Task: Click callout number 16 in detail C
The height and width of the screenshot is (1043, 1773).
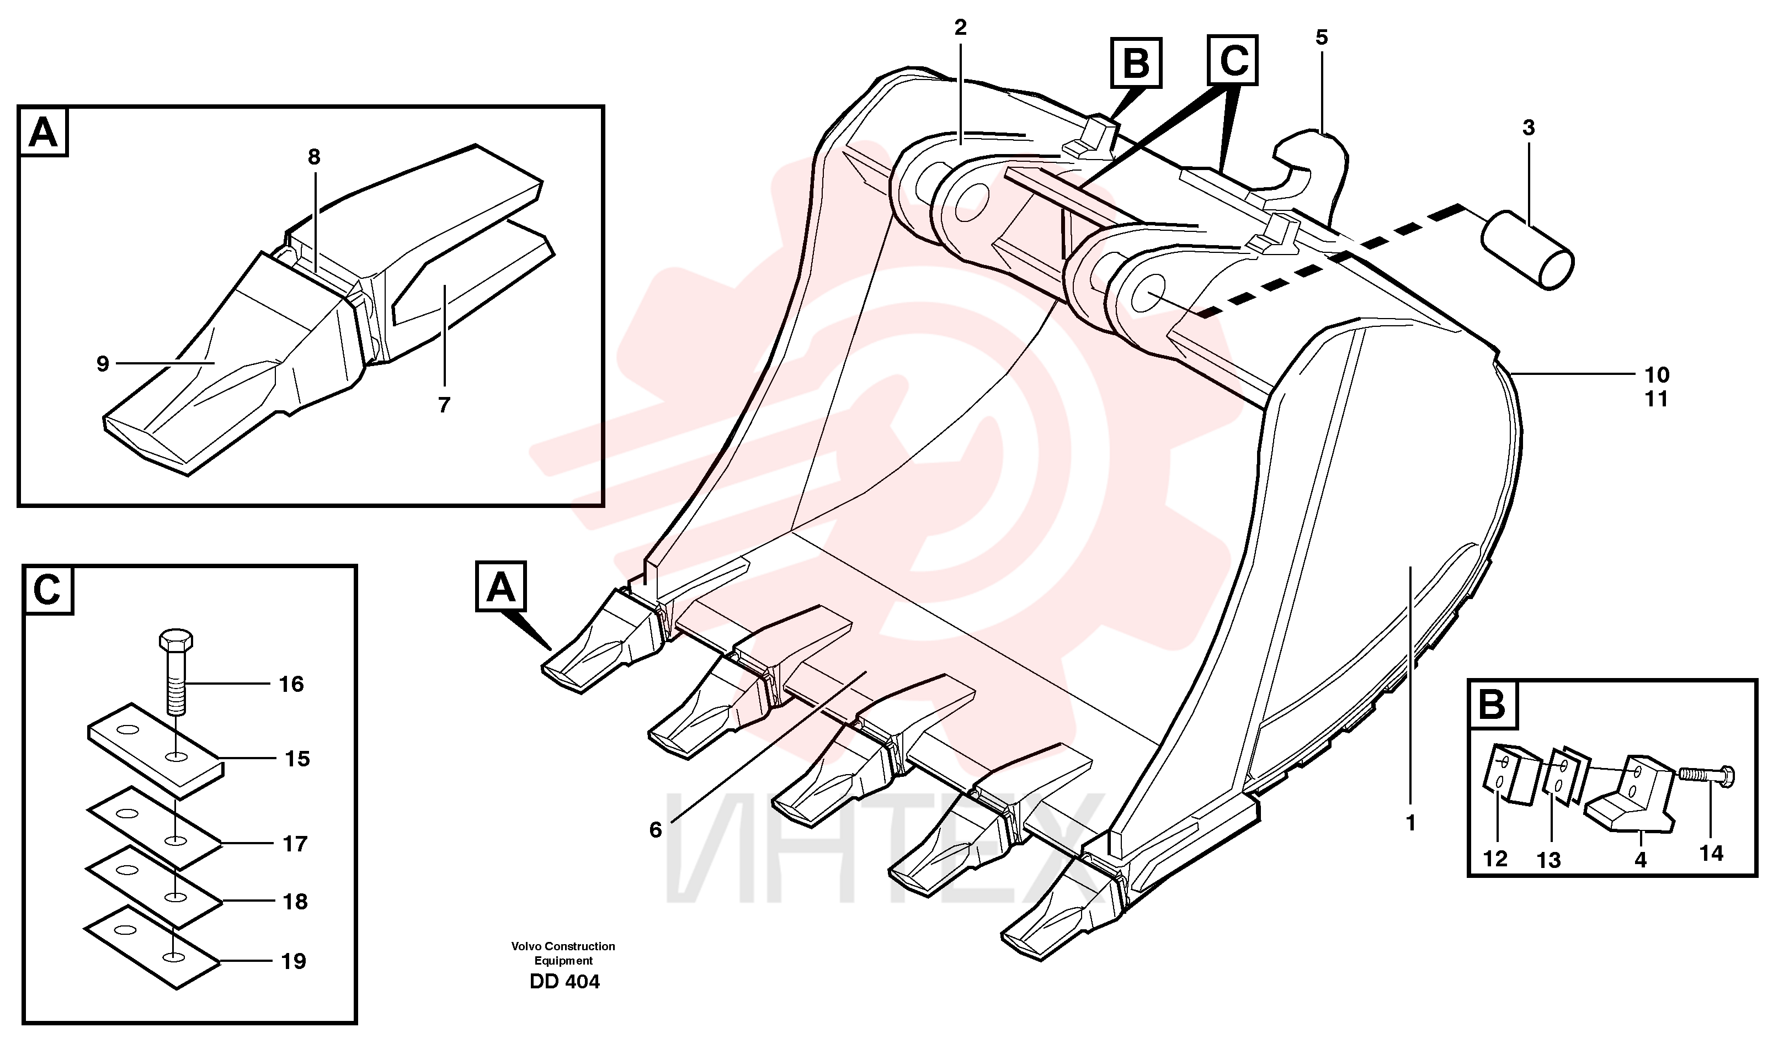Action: (x=291, y=684)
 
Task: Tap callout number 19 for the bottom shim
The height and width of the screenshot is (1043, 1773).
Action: (x=294, y=961)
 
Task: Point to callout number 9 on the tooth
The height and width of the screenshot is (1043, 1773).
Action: (x=103, y=364)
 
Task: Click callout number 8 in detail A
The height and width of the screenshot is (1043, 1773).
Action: (x=314, y=157)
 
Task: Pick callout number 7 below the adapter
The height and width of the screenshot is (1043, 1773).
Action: (x=444, y=405)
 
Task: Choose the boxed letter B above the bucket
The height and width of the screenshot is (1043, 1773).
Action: (x=1136, y=63)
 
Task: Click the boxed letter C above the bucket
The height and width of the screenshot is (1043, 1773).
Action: (x=1233, y=61)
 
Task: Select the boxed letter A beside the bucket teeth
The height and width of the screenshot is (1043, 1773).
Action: (x=501, y=587)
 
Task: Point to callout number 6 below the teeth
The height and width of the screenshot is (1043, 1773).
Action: (x=655, y=830)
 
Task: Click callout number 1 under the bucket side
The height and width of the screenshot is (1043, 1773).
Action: (x=1410, y=823)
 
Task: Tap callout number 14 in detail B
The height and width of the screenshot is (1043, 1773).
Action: (x=1712, y=854)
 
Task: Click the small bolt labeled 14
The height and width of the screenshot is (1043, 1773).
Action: (x=1707, y=776)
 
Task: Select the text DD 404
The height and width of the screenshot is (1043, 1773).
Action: (x=565, y=982)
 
